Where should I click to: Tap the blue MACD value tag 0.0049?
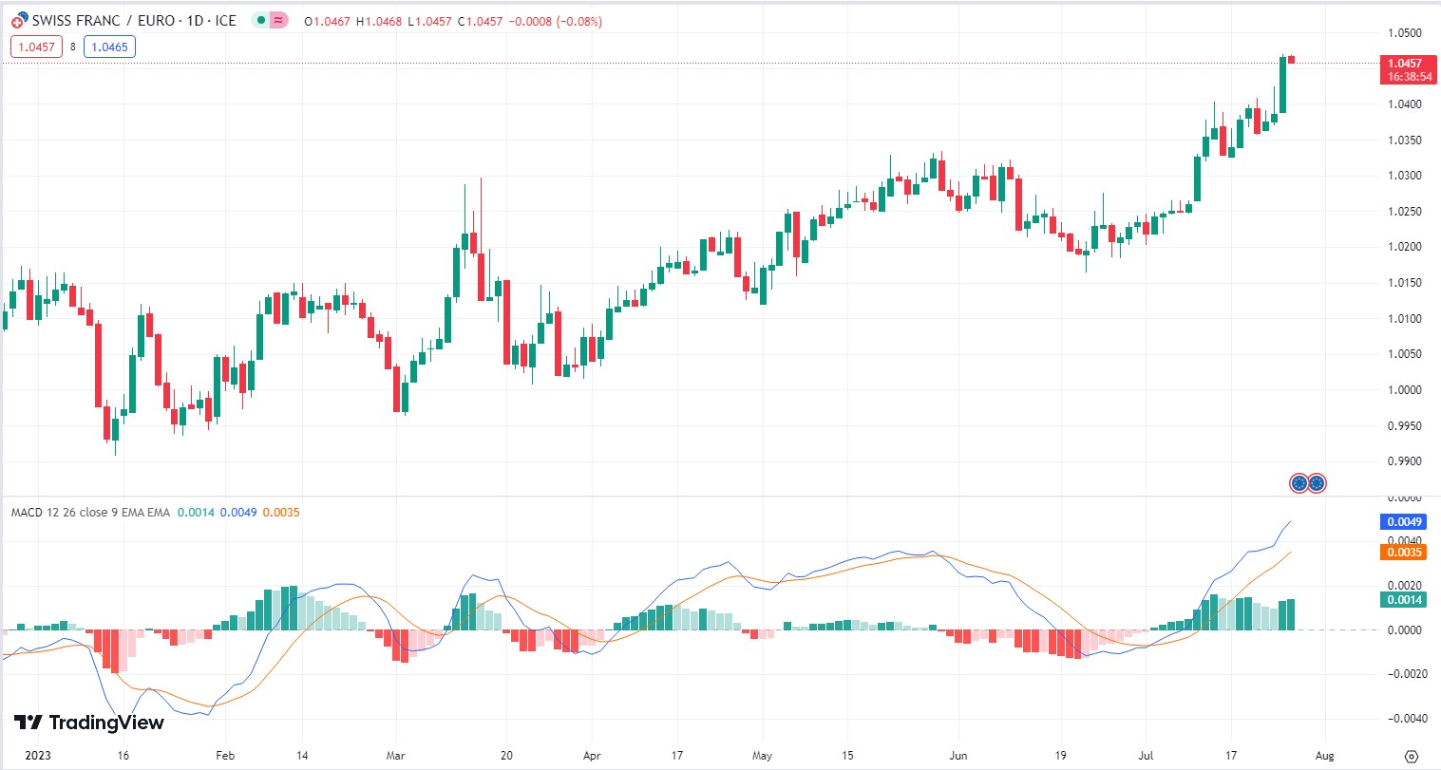1404,521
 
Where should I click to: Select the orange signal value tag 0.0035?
1404,552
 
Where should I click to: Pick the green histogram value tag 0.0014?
1404,599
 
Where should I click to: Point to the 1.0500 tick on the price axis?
1404,33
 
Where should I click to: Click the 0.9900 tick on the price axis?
1404,461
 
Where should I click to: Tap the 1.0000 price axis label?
1404,390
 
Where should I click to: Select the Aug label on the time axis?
1324,756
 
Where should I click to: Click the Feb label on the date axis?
224,756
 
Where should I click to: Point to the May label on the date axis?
762,756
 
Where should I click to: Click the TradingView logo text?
90,723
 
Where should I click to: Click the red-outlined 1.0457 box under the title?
36,47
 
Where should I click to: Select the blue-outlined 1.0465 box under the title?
109,47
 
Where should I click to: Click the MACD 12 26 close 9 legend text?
90,513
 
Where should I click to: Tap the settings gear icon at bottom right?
1412,757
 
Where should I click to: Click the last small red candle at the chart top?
1292,60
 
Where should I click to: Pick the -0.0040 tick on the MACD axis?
1404,719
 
